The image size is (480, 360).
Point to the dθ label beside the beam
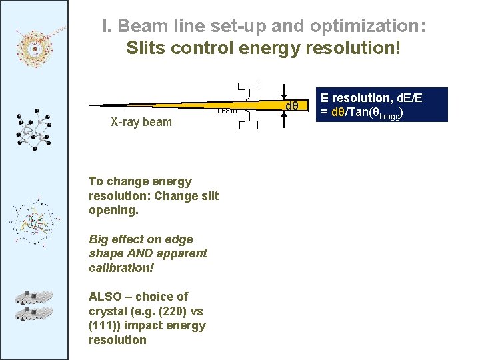292,107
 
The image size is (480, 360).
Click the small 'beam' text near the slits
228,111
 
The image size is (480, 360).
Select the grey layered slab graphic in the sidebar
35,303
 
